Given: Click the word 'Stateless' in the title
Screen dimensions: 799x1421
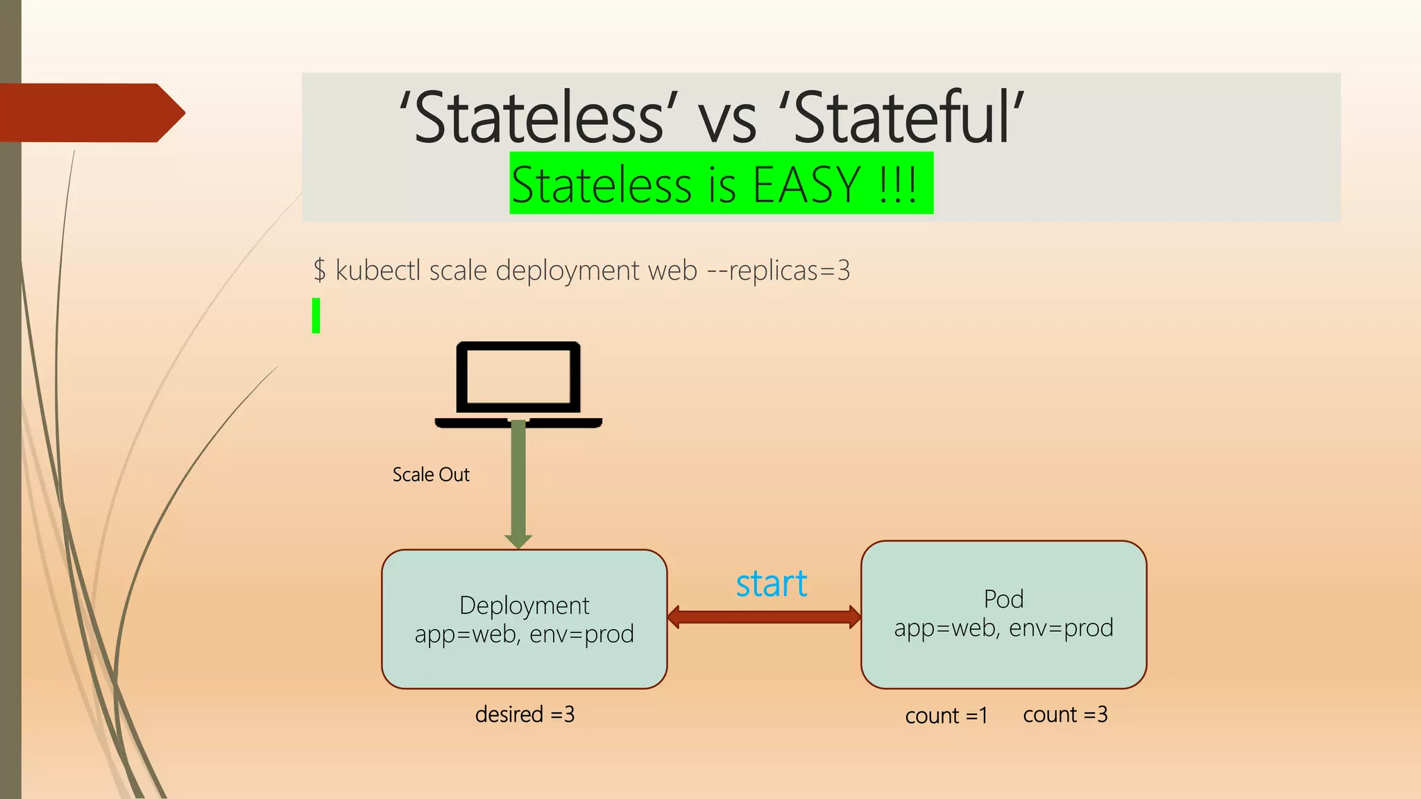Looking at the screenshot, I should point(537,118).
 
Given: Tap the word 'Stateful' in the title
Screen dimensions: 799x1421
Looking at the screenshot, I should point(905,118).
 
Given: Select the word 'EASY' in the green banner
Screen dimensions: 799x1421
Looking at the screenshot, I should point(806,185).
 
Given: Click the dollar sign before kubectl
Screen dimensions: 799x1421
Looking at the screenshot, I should point(319,270).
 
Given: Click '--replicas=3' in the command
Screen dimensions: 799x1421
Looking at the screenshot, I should point(778,270).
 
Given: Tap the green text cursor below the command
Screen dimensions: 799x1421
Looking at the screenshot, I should point(316,316).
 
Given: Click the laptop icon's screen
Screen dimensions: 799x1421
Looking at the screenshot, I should point(518,376).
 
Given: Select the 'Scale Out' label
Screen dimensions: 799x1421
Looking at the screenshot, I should point(431,474).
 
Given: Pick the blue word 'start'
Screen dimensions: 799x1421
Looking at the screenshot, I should point(772,584).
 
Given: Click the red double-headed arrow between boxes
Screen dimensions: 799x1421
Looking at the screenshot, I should point(764,617).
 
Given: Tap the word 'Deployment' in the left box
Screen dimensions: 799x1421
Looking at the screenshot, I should point(524,605).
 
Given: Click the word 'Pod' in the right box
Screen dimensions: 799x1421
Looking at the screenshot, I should point(1003,599).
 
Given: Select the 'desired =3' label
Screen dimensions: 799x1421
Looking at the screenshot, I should point(525,714).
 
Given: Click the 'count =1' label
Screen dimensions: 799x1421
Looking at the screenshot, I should point(946,716).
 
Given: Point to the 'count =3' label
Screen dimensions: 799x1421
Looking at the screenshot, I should point(1065,714).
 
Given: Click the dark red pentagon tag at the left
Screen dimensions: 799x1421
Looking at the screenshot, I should point(90,113).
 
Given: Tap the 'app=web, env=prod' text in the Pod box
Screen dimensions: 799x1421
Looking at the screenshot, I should point(1003,628).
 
